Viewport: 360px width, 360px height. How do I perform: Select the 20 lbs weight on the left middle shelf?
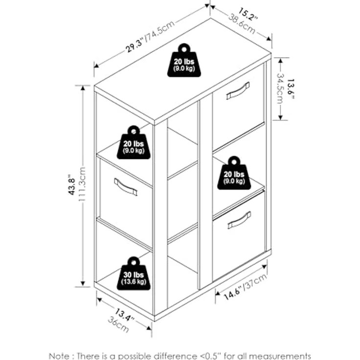(x=134, y=142)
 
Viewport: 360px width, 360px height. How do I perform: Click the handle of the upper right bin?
(x=238, y=91)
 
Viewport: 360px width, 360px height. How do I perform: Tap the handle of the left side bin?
(x=126, y=187)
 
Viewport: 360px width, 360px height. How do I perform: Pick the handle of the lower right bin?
(x=239, y=220)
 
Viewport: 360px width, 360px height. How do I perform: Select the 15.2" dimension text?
(x=248, y=14)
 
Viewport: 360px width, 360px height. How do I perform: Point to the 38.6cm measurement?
(x=242, y=24)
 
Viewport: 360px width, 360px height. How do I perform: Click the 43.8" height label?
(x=72, y=184)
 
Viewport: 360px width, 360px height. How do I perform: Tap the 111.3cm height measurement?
(x=82, y=184)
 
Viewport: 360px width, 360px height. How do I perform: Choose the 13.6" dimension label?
(x=291, y=89)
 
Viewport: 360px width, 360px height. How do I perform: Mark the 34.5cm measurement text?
(x=280, y=89)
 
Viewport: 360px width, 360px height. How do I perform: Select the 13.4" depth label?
(x=124, y=315)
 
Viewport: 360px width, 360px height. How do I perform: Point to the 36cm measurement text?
(x=118, y=324)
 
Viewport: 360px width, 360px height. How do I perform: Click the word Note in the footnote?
(x=59, y=356)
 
